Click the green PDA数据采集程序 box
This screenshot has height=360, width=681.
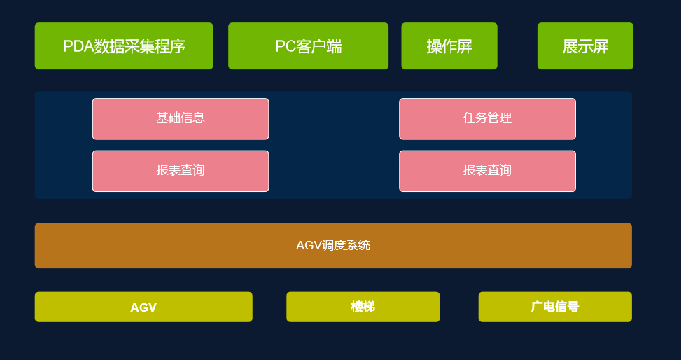point(124,46)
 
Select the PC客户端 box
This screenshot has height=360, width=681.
point(308,46)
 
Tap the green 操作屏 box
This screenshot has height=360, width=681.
point(449,46)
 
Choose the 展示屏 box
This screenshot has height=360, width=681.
point(585,46)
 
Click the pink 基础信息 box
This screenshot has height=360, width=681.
point(181,118)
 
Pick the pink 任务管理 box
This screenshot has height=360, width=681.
point(487,118)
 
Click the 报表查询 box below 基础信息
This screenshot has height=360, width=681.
point(181,171)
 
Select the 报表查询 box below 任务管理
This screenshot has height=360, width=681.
point(487,171)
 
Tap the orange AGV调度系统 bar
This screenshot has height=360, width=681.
point(333,245)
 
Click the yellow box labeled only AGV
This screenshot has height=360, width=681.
point(143,307)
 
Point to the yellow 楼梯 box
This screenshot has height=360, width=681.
point(363,307)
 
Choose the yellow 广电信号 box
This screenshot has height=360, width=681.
point(555,307)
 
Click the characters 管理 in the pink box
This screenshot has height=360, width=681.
point(500,118)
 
